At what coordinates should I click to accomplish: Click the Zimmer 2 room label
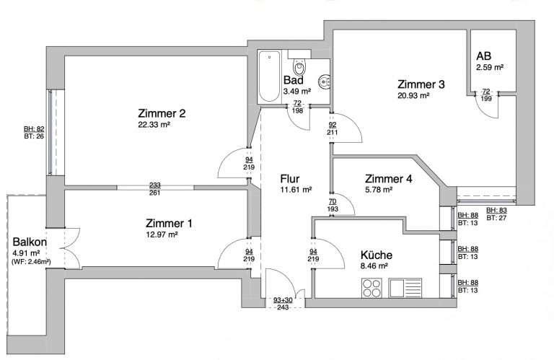[x=162, y=113]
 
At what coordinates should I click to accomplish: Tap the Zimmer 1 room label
[x=169, y=223]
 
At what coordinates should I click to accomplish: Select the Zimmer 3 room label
[x=421, y=84]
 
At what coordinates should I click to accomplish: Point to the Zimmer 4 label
[x=389, y=179]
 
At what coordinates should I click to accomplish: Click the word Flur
[x=290, y=178]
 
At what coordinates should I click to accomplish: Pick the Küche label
[x=377, y=255]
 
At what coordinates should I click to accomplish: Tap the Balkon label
[x=30, y=242]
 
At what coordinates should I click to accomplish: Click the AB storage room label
[x=483, y=56]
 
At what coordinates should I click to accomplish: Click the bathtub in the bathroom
[x=269, y=76]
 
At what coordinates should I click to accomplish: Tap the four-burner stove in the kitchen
[x=371, y=289]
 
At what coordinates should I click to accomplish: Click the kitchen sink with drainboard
[x=405, y=288]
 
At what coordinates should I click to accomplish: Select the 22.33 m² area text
[x=154, y=124]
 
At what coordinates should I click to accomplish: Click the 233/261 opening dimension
[x=155, y=189]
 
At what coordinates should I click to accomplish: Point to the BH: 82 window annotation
[x=34, y=129]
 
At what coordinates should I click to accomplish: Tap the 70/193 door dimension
[x=333, y=206]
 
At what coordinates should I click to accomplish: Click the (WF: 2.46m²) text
[x=31, y=262]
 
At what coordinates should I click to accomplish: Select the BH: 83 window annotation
[x=496, y=211]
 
